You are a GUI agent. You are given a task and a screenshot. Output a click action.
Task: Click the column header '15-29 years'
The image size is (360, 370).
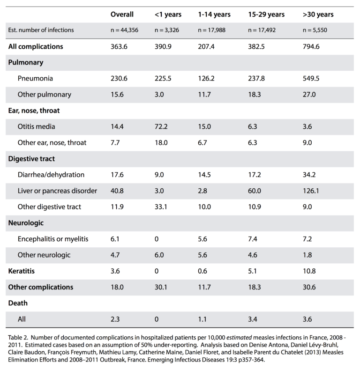click(266, 15)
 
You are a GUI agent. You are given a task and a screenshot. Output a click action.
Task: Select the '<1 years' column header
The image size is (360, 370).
click(168, 15)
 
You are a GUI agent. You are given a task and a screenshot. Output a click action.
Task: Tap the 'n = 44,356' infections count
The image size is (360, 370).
click(125, 30)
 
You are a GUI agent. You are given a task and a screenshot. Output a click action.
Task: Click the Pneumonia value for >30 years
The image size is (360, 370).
click(311, 78)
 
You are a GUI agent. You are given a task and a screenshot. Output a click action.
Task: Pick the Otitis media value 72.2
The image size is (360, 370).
click(161, 126)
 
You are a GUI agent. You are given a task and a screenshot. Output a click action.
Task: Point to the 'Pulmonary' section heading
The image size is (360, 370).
click(26, 63)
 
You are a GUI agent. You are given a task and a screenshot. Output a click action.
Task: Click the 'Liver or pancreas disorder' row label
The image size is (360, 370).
click(57, 191)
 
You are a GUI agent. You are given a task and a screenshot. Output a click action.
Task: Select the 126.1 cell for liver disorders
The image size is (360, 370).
click(311, 191)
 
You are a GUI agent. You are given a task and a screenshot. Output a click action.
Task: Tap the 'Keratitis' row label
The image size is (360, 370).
click(22, 271)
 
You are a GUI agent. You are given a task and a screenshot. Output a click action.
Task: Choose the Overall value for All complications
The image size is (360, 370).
click(119, 46)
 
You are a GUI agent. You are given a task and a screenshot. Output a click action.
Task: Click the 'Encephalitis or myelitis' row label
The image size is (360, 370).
click(53, 239)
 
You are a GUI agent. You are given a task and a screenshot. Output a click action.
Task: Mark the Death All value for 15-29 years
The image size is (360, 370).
click(253, 319)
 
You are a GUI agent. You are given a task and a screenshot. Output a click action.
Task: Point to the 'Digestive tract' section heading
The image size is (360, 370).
click(31, 159)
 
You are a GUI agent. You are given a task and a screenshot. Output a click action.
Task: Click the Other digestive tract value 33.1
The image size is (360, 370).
click(161, 207)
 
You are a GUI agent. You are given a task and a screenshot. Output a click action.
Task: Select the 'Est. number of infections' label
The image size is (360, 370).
click(41, 30)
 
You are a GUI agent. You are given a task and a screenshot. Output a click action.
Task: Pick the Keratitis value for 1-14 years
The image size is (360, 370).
click(202, 271)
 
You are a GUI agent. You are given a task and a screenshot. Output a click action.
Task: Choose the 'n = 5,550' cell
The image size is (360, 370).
click(315, 30)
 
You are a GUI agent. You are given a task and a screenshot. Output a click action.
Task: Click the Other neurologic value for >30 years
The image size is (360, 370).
click(307, 255)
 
